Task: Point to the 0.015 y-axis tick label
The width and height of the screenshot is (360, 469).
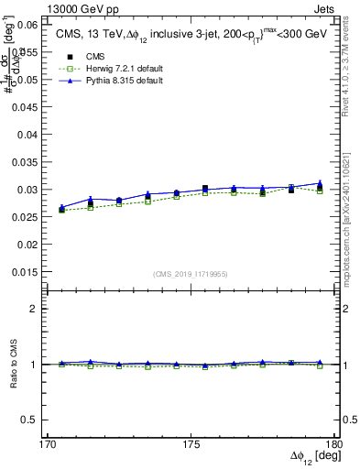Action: tap(23, 273)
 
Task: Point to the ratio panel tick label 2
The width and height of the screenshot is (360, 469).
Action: tap(34, 309)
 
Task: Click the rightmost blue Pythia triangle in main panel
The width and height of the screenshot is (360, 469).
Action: tap(320, 183)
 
